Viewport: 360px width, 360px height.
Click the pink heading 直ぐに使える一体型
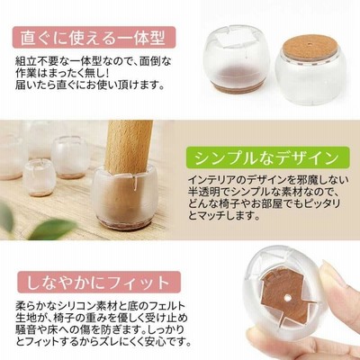93,38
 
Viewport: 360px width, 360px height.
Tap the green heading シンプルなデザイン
267,158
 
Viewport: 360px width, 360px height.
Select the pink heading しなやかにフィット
98,283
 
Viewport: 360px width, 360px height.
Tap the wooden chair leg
129,148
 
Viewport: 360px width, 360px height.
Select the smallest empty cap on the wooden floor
40,177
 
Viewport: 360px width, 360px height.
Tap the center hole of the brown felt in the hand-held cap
287,299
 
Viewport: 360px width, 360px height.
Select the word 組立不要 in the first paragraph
34,62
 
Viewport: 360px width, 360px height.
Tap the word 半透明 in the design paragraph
202,192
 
